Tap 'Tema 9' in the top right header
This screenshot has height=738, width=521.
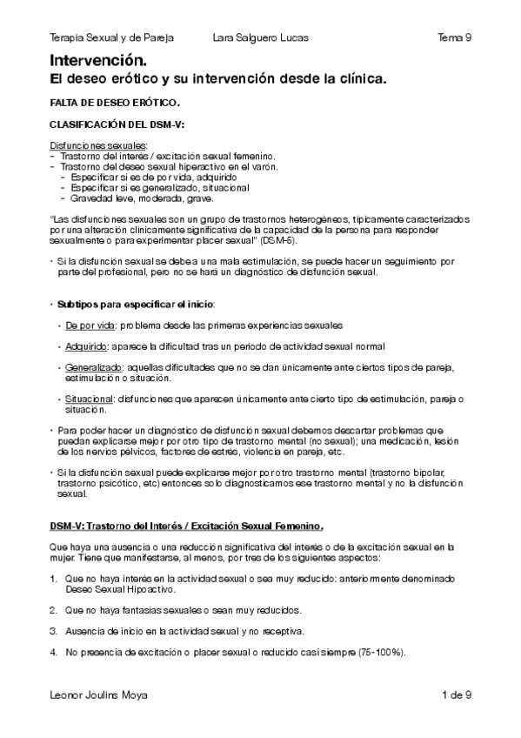(x=455, y=38)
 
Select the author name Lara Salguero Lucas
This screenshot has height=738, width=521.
(x=260, y=38)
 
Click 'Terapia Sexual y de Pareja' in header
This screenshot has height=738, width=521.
(x=112, y=38)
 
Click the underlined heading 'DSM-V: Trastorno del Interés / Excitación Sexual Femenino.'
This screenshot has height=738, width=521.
(x=187, y=526)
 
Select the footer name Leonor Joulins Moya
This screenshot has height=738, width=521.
(x=99, y=694)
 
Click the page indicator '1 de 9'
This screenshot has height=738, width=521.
(x=457, y=694)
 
